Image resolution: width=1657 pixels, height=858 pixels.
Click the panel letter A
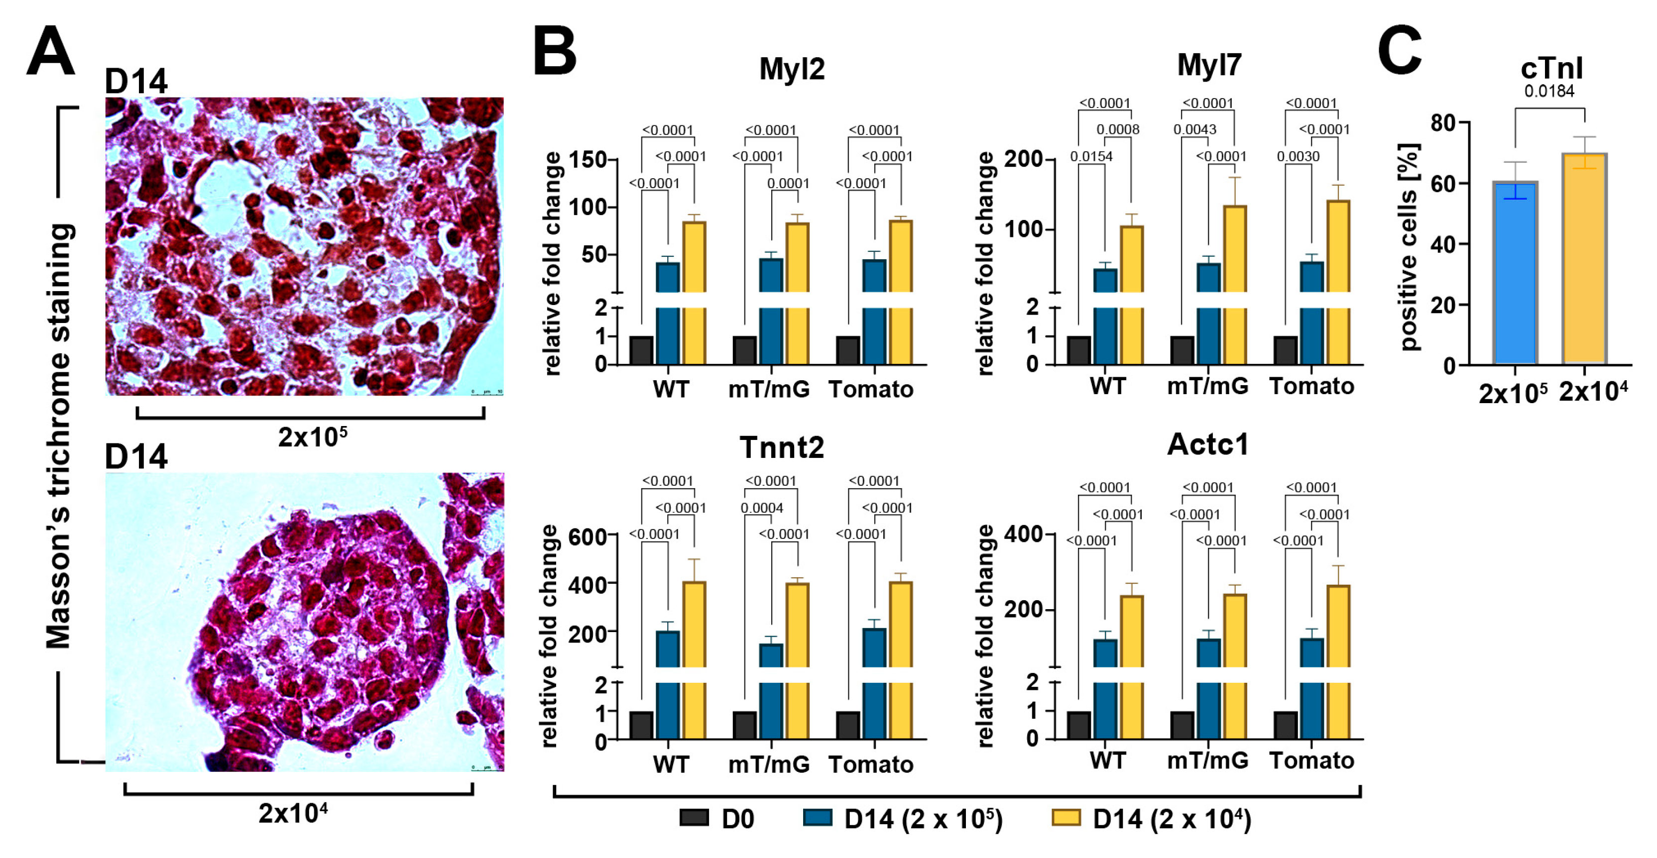50,51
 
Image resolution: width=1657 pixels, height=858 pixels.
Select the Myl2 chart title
791,69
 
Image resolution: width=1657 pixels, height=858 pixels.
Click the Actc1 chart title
1207,444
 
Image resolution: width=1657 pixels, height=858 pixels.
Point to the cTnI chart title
1551,69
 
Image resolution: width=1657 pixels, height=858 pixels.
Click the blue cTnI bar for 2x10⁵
1515,277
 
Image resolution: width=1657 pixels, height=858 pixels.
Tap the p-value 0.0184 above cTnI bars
1549,92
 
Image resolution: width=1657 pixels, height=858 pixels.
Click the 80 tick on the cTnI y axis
1443,122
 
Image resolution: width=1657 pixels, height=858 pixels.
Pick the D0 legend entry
717,819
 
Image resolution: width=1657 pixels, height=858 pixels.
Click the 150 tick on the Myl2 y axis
589,160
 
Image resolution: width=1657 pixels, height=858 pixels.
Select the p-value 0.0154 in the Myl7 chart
1091,156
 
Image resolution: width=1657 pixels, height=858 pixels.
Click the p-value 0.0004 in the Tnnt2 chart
762,508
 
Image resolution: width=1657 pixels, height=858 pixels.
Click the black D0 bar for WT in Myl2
641,350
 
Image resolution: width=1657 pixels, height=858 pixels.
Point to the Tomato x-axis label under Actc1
1311,761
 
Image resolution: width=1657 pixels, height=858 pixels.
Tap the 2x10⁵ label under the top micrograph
312,437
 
